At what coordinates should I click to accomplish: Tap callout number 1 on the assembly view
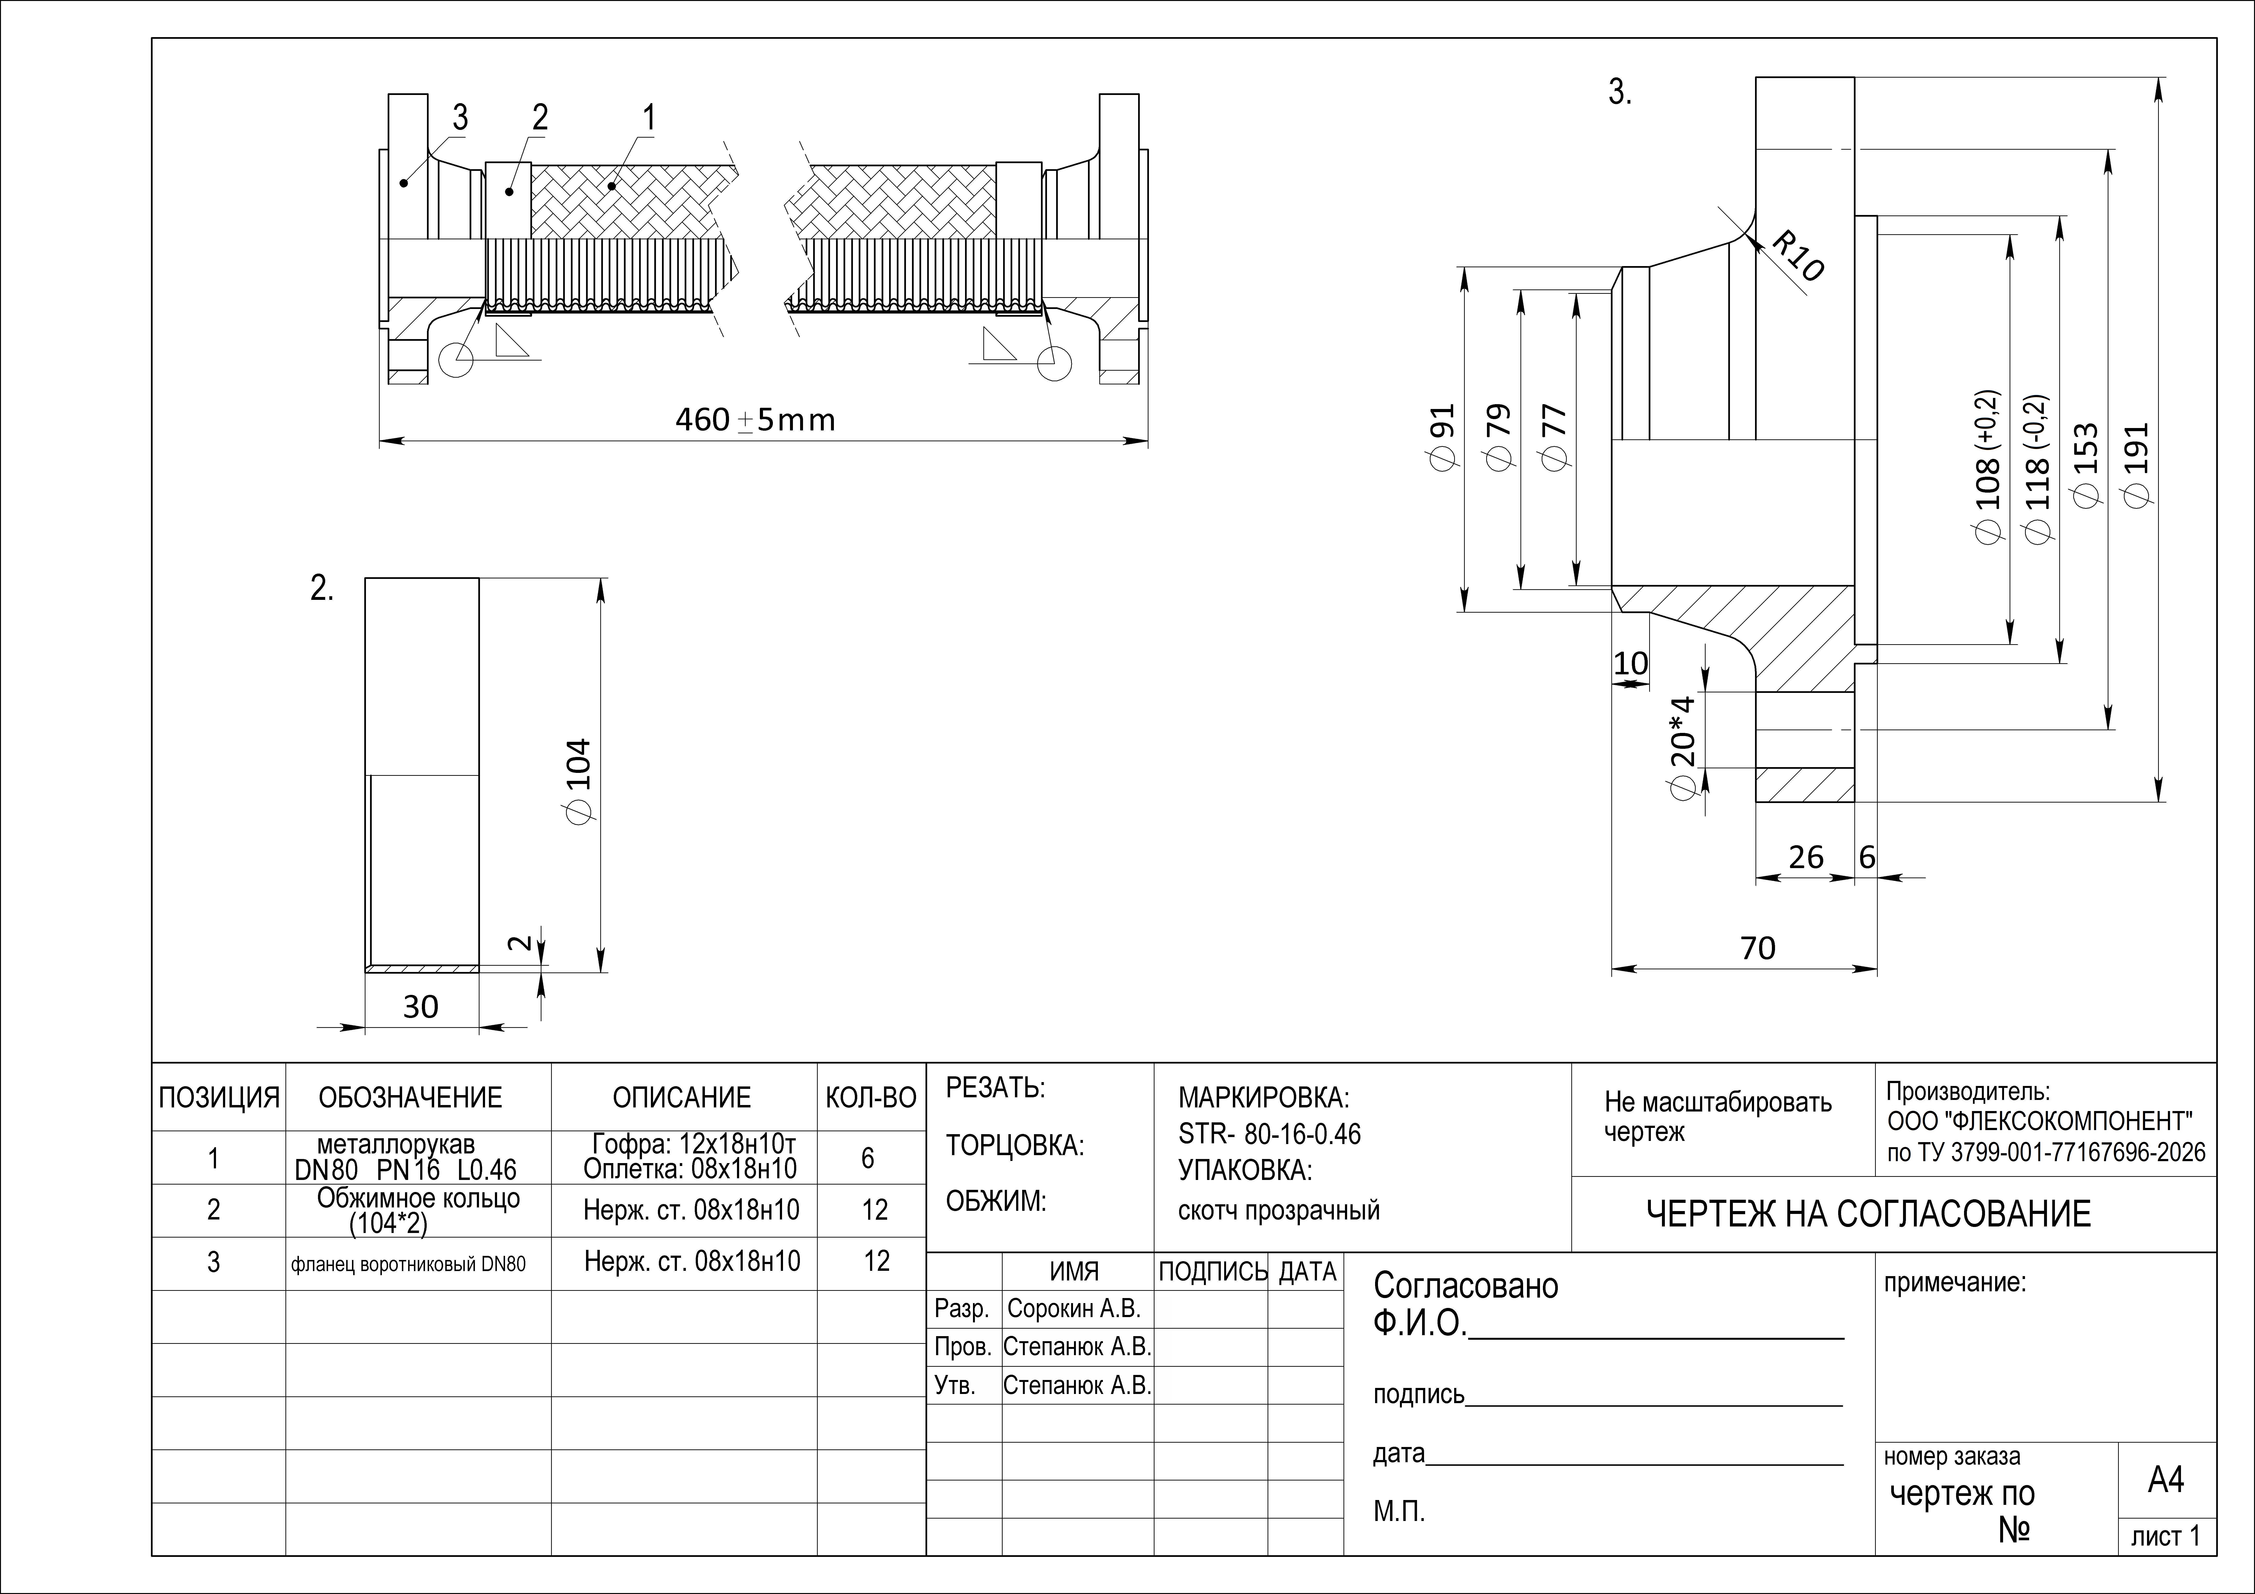648,118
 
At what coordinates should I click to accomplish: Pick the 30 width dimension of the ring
420,1007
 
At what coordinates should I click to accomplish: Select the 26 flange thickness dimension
1805,857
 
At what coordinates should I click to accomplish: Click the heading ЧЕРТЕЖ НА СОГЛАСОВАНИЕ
1868,1215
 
